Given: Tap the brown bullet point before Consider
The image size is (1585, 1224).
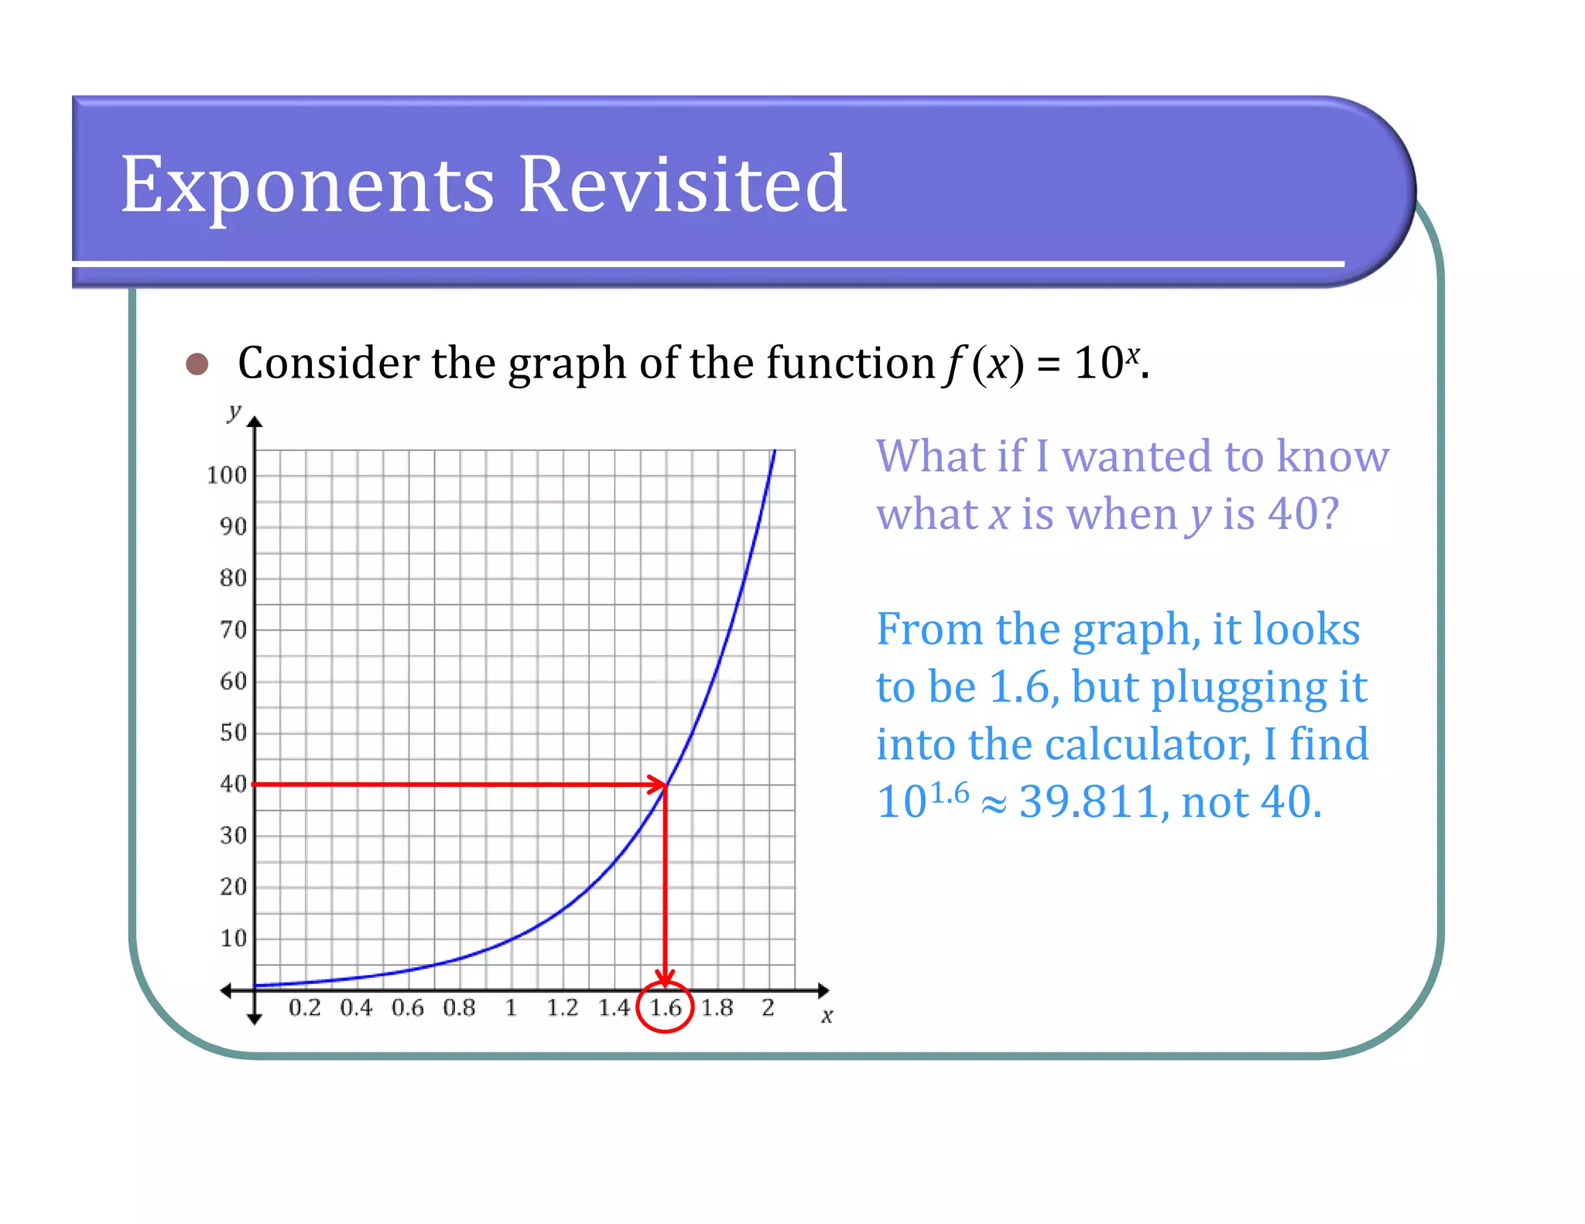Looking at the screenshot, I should [x=197, y=364].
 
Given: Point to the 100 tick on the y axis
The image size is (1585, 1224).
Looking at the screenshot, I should [x=227, y=475].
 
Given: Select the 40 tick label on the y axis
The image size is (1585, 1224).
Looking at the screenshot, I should [x=233, y=784].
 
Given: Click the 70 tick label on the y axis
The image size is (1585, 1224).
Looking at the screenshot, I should [x=233, y=630].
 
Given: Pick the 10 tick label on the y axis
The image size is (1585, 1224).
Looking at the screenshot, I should [x=233, y=939].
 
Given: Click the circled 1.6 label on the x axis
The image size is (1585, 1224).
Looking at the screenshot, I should [x=665, y=1007].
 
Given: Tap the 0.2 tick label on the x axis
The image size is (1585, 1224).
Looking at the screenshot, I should [x=304, y=1007].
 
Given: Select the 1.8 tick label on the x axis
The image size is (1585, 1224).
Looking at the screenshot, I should [x=717, y=1007].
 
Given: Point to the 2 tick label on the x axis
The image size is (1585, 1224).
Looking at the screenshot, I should [x=768, y=1007].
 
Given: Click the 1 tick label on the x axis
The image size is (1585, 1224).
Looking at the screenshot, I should [x=511, y=1007].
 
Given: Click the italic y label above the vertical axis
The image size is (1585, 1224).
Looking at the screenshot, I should [x=234, y=411].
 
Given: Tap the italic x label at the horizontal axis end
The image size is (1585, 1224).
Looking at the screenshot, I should [x=827, y=1015].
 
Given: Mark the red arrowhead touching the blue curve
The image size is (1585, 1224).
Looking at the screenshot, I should [x=658, y=785].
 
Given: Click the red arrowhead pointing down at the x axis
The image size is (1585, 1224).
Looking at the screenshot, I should [x=665, y=978].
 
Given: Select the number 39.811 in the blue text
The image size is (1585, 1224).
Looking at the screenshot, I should [x=1089, y=802].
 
